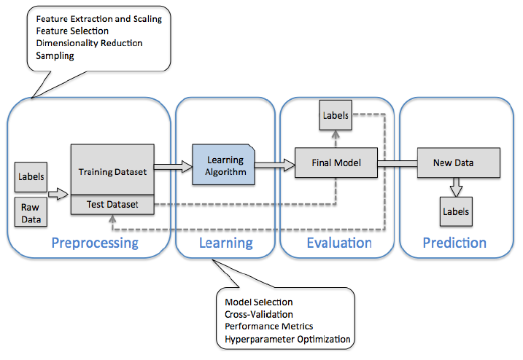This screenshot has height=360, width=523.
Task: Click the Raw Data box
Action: pos(31,212)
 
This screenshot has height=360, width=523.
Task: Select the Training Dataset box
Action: pos(112,169)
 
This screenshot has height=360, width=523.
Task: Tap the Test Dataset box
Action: pos(112,204)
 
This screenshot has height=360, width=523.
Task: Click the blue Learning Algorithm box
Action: pos(223,165)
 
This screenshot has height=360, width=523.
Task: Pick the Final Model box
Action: pos(336,163)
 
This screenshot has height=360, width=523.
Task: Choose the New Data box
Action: pos(459,163)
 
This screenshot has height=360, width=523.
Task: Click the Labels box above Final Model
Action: pos(336,115)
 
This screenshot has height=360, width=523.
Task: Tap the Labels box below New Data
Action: pos(456,211)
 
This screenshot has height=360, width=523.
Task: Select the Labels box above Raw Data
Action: pos(31,177)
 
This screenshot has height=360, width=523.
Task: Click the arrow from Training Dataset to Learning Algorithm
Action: pos(174,166)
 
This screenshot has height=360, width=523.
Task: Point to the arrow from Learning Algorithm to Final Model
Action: pos(275,165)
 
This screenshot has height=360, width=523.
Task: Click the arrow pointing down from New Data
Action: pos(456,187)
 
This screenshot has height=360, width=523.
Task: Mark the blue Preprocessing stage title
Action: pos(95,243)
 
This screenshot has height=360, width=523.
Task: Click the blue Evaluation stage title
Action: pos(339,243)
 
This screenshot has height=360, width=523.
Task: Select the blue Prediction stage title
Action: pos(454,243)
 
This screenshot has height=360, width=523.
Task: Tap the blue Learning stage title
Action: pos(226,243)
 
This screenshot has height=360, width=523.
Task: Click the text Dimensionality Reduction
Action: pos(90,43)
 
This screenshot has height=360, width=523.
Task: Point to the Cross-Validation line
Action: pos(259,314)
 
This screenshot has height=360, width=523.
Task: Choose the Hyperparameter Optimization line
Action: pos(287,340)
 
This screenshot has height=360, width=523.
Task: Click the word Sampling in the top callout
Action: pos(55,55)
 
